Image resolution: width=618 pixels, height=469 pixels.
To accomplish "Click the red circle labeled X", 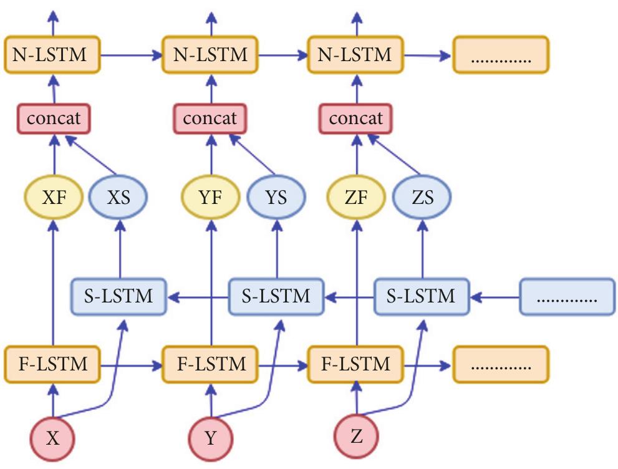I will pyautogui.click(x=53, y=438).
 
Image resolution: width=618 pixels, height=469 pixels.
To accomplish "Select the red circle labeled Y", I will pyautogui.click(x=211, y=438).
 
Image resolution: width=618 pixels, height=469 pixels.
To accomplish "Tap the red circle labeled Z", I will pyautogui.click(x=357, y=436).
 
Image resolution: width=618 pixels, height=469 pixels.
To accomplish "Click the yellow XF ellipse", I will pyautogui.click(x=53, y=198).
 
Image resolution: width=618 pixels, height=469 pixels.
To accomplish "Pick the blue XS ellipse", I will pyautogui.click(x=118, y=198).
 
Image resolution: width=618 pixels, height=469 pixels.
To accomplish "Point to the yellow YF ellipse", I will pyautogui.click(x=211, y=198).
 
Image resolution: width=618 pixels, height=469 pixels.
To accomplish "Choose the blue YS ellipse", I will pyautogui.click(x=276, y=198).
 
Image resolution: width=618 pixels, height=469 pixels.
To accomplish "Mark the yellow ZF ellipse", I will pyautogui.click(x=357, y=198).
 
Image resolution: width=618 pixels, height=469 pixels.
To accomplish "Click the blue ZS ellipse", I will pyautogui.click(x=422, y=198).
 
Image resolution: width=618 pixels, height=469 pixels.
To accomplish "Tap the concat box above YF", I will pyautogui.click(x=210, y=118).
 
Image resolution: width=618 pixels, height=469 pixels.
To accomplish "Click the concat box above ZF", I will pyautogui.click(x=356, y=118).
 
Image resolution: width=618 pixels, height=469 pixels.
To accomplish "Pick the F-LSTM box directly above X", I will pyautogui.click(x=53, y=364).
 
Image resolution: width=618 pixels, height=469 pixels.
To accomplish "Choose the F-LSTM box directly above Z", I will pyautogui.click(x=356, y=364).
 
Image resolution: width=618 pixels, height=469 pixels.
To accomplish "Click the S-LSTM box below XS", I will pyautogui.click(x=118, y=296).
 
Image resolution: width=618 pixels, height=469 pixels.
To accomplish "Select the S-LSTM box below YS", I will pyautogui.click(x=276, y=296).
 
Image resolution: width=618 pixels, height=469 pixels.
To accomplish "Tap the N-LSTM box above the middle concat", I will pyautogui.click(x=210, y=55).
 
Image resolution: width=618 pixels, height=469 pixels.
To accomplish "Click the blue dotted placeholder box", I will pyautogui.click(x=567, y=296).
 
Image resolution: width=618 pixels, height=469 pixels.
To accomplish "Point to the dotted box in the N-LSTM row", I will pyautogui.click(x=501, y=55).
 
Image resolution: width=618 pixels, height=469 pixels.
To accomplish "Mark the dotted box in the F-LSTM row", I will pyautogui.click(x=501, y=364).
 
